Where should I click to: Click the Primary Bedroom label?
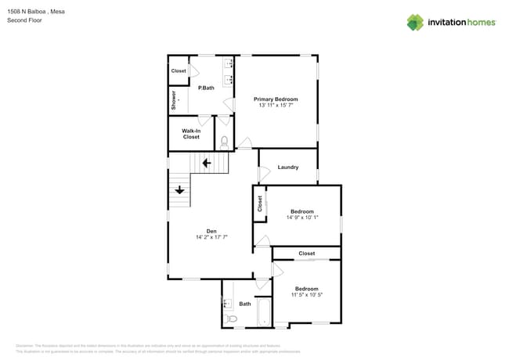[x=276, y=99]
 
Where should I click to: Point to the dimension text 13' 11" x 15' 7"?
[x=276, y=106]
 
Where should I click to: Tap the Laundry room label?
[x=287, y=167]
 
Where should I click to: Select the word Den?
[x=211, y=230]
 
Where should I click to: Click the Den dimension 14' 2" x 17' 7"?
[x=211, y=236]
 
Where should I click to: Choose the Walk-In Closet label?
[x=191, y=134]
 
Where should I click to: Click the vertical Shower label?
[x=174, y=100]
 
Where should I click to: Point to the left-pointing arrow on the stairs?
[x=206, y=163]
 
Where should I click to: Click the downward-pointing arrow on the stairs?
[x=179, y=189]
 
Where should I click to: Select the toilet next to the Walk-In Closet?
[x=224, y=142]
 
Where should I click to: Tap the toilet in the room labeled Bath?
[x=230, y=319]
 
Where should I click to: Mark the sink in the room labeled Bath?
[x=226, y=302]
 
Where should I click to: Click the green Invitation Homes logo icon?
[x=414, y=22]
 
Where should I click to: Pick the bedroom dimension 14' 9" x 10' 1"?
[x=302, y=218]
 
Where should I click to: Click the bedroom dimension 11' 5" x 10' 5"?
[x=306, y=294]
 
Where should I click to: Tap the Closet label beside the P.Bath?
[x=179, y=70]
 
